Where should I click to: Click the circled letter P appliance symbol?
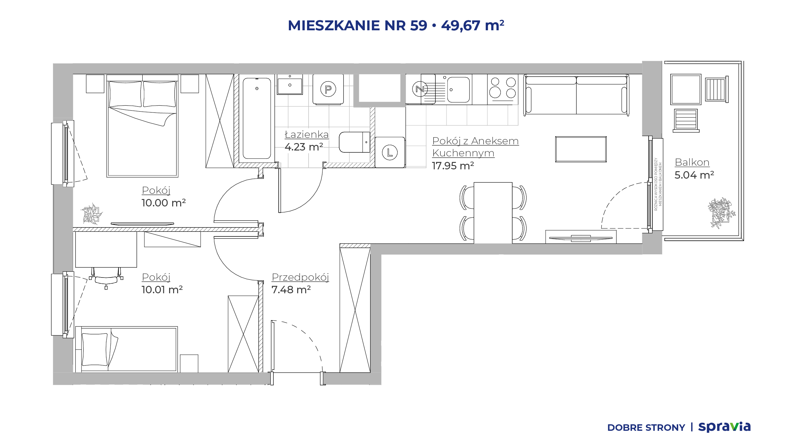point(328,89)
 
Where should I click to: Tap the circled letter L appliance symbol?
point(390,152)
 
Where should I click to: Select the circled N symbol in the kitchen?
point(420,89)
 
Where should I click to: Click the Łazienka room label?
point(307,134)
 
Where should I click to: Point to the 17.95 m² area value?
point(453,166)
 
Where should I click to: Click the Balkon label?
point(692,162)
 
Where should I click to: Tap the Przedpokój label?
point(300,277)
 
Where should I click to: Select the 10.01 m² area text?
point(162,290)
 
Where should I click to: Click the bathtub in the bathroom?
point(257,118)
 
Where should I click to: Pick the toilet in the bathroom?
point(354,142)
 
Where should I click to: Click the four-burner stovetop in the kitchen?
point(503,89)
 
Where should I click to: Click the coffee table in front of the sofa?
point(581,149)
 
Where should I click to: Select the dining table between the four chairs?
point(493,213)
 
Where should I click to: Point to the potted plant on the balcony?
point(721,213)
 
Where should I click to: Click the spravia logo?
point(724,427)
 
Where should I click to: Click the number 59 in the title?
point(418,25)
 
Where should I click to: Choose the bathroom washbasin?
point(289,84)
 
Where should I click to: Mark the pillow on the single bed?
point(95,349)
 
